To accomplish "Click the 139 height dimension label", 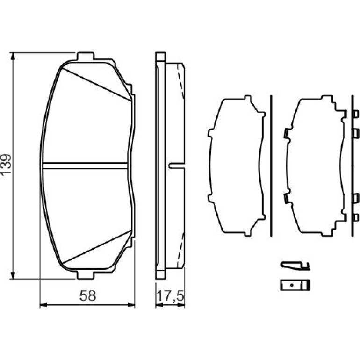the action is tap(6, 165).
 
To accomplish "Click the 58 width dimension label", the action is tap(87, 295).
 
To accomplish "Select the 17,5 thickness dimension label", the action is tap(170, 296).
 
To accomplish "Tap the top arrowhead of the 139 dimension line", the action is tap(13, 57).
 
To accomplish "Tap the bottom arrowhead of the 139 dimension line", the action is tap(13, 275).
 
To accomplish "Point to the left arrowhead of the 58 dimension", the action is tap(43, 305).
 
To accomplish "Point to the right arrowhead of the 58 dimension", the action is tap(131, 305).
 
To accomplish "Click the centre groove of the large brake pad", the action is tap(85, 166).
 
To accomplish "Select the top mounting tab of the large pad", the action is tap(86, 56).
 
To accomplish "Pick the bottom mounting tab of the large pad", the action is tap(86, 275).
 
